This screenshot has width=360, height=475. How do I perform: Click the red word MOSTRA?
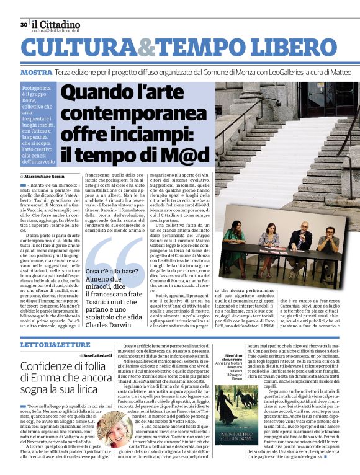click(35, 73)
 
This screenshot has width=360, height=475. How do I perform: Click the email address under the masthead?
click(58, 30)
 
